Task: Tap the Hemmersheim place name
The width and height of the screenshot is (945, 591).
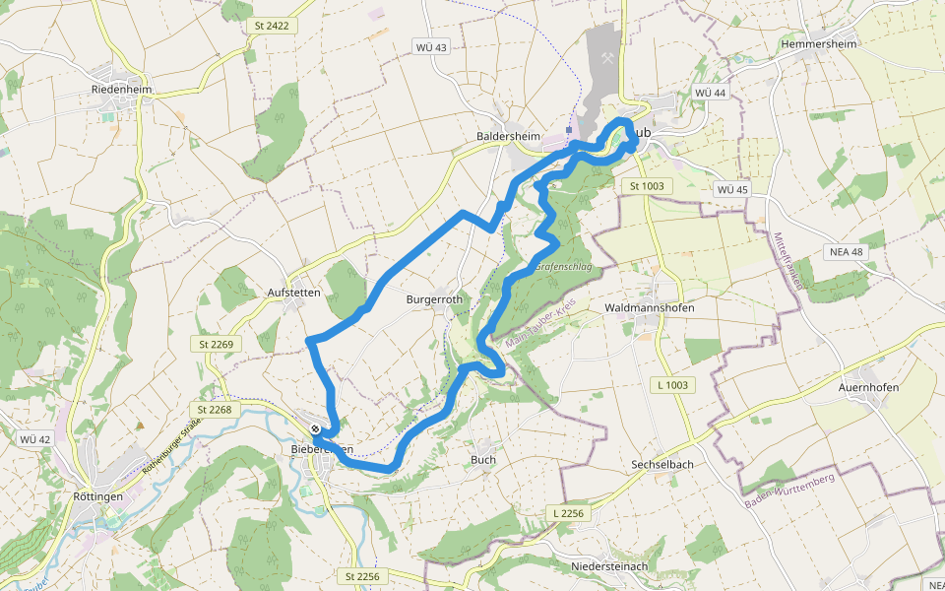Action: coord(819,44)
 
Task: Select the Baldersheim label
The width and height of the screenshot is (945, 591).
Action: coord(509,136)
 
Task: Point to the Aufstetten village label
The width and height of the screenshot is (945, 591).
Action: coord(294,293)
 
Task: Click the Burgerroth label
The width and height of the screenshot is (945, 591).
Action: coord(434,298)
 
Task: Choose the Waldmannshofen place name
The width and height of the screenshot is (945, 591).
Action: coord(649,308)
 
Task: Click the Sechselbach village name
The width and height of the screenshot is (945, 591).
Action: coord(661,464)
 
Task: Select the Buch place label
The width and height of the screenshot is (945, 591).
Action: coord(483,459)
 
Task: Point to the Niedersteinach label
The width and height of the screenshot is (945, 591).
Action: coord(609,566)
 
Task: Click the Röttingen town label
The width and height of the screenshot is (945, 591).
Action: coord(98,496)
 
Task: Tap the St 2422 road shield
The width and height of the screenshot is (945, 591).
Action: coord(270,26)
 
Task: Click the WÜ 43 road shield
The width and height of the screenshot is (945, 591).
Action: coord(431,47)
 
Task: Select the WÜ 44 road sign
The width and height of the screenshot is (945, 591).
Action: coord(710,93)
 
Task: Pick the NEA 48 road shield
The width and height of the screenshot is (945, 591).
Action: coord(846,252)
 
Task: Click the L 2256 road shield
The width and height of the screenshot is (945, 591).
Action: coord(568,513)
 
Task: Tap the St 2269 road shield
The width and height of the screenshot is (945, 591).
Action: coord(215,344)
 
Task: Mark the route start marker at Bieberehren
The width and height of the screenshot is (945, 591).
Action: coord(314,428)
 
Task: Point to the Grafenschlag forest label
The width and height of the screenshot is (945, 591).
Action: coord(563,267)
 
